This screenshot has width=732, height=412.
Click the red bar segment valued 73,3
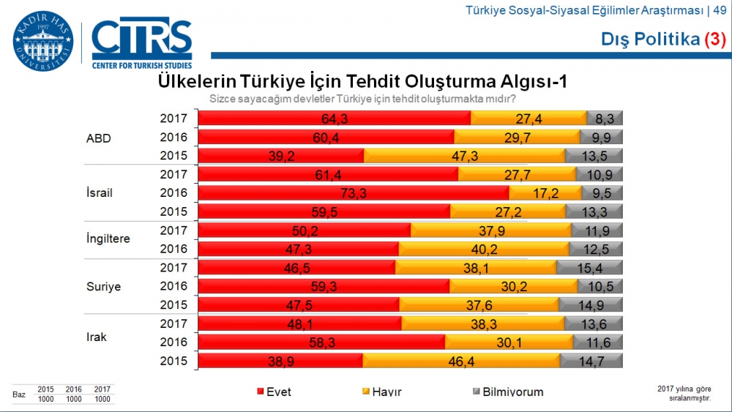[354, 193]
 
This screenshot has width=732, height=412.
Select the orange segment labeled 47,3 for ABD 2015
[464, 156]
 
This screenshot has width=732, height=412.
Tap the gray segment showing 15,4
[589, 268]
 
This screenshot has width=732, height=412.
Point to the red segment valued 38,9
[280, 361]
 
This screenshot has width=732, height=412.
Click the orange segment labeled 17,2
[545, 193]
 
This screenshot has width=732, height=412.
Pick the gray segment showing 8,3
[605, 119]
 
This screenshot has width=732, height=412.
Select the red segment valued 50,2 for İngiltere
[305, 231]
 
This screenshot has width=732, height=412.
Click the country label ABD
[98, 138]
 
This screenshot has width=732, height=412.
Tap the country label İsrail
[100, 193]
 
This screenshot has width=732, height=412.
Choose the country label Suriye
[103, 287]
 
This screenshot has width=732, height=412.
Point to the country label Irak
[97, 337]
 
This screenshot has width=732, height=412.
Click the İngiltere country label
[108, 239]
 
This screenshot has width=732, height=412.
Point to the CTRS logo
[142, 42]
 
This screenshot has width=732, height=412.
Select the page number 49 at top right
[720, 10]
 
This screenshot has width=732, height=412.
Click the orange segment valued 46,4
[461, 361]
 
